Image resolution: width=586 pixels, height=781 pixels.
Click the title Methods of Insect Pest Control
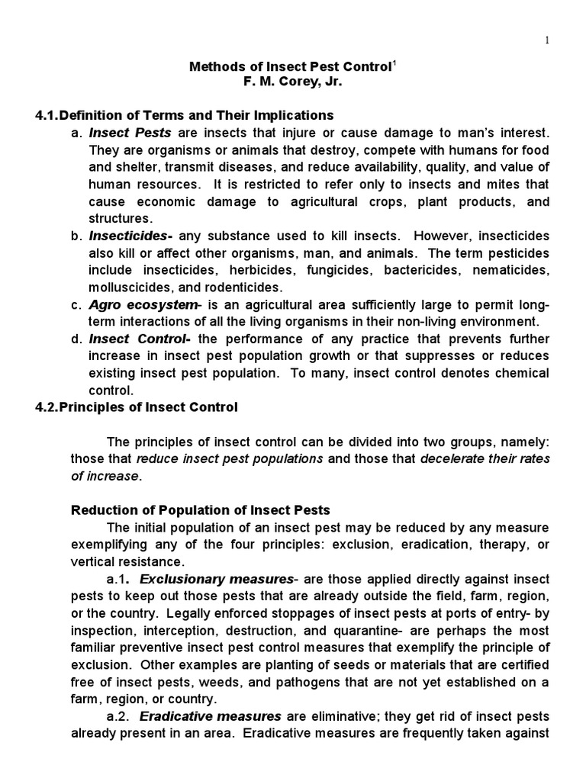coord(290,67)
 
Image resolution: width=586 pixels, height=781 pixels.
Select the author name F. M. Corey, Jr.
coord(293,83)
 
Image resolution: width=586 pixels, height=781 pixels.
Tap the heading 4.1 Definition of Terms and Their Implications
coord(185,115)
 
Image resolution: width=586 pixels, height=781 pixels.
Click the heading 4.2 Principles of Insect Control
coord(137,407)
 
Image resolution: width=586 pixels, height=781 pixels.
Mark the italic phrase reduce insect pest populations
coord(230,458)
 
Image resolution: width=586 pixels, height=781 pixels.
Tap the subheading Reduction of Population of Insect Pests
coord(201,509)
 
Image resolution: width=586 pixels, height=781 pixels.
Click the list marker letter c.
coord(75,305)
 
